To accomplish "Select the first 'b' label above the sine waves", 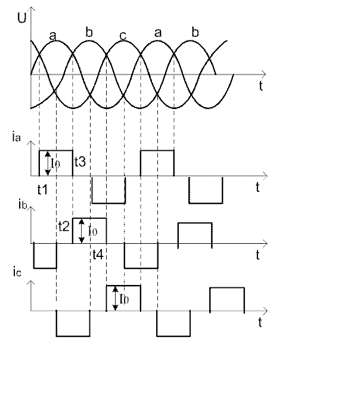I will pos(88,33).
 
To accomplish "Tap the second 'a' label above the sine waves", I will pos(158,35).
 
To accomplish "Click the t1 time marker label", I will pos(43,190).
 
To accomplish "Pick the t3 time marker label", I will pos(80,161).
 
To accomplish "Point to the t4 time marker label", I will pos(98,255).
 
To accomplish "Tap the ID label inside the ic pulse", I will pos(122,299).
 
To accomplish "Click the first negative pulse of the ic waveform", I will pos(72,324).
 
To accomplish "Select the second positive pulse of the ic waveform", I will pos(226,299).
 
